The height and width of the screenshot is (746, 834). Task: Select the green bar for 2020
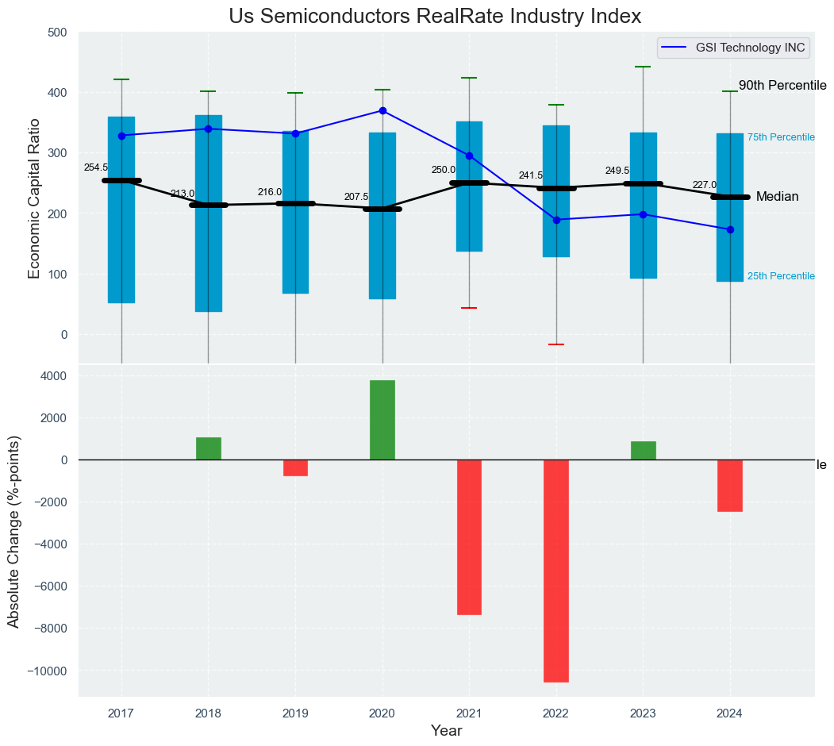pos(382,420)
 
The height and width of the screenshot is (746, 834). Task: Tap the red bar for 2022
pos(556,571)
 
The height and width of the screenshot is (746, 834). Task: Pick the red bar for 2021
pos(469,536)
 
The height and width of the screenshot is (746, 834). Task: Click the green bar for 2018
pos(209,448)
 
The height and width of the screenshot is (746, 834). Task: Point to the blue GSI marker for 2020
pos(382,111)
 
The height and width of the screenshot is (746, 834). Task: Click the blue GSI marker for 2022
pos(556,220)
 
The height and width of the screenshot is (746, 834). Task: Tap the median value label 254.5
pos(96,167)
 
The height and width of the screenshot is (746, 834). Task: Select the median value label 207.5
pos(356,197)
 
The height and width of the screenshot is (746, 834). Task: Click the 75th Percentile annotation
pos(781,137)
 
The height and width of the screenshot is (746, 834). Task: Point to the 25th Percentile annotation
pos(781,276)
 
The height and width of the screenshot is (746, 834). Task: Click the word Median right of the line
pos(777,197)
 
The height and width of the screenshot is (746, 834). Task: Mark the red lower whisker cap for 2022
pos(556,344)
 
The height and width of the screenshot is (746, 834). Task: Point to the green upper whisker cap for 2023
pos(643,67)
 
